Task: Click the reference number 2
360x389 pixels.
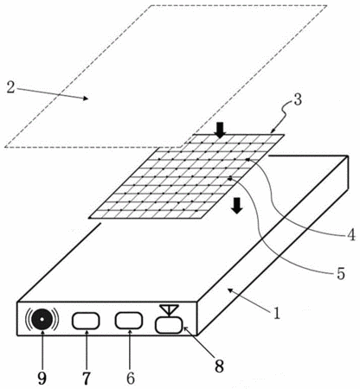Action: coord(10,87)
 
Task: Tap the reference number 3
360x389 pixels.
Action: coord(297,99)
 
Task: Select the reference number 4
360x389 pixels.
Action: coord(350,235)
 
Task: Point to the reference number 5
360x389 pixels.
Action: coord(341,273)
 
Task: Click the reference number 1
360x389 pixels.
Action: coord(277,313)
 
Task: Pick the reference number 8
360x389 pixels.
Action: coord(219,367)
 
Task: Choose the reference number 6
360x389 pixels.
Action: coord(131,378)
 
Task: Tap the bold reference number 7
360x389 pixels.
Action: coord(87,379)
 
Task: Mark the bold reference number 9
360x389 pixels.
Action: coord(42,379)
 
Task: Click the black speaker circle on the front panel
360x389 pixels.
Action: coord(42,319)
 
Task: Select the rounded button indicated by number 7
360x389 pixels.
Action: coord(86,321)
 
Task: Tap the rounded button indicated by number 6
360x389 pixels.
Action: coord(129,320)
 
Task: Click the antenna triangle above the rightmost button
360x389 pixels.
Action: coord(170,309)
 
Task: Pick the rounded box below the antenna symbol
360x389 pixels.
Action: coord(169,325)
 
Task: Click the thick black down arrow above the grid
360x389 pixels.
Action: coord(221,130)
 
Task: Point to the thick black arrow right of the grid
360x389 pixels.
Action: coord(237,206)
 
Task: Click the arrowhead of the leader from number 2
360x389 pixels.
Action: coord(86,99)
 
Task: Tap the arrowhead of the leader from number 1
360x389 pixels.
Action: coord(230,290)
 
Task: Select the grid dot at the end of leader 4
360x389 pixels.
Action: coord(247,159)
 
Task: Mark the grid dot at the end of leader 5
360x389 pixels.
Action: coord(230,179)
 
